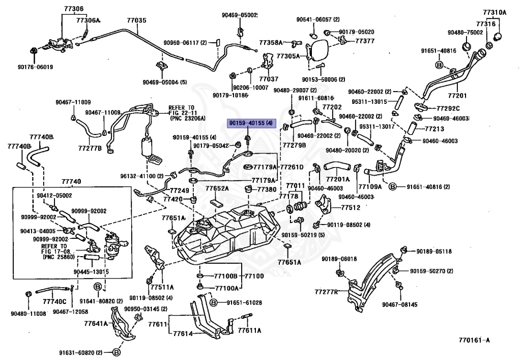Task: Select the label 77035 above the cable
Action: coord(136,20)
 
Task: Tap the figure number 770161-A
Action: coord(474,340)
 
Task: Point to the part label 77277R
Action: coord(326,292)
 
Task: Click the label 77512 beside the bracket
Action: coord(351,208)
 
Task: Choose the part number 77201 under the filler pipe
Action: coord(457,96)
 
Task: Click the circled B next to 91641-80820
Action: coord(97,287)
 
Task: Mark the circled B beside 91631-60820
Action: coord(117,352)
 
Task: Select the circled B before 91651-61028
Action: coord(214,302)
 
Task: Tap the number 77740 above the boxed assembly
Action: coord(71,181)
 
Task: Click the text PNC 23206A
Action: coord(188,118)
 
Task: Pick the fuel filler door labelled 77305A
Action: coord(316,50)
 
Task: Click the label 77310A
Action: coord(495,13)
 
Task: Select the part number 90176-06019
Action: coord(35,67)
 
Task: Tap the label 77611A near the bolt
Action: coord(249,330)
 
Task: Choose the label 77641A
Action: coord(96,323)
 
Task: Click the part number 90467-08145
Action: coord(400,304)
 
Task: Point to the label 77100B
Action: coord(225,276)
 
